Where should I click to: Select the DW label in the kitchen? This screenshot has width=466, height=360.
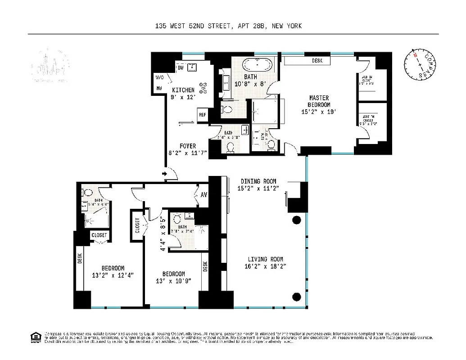click(x=180, y=68)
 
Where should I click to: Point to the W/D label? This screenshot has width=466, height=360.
click(x=159, y=77)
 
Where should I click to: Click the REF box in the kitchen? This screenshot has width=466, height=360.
click(x=203, y=115)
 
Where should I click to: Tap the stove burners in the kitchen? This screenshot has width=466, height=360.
click(x=204, y=87)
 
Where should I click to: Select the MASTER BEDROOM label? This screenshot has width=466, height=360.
click(x=319, y=101)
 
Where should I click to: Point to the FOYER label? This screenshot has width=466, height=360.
click(x=188, y=146)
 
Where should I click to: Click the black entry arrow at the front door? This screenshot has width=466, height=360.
click(x=165, y=174)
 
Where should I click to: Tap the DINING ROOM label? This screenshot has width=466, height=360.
click(x=258, y=181)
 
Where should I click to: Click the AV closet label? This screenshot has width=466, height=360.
click(x=204, y=195)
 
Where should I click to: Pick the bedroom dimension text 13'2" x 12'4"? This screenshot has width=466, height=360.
click(x=113, y=275)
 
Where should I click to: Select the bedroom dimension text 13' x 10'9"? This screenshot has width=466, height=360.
click(x=173, y=281)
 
